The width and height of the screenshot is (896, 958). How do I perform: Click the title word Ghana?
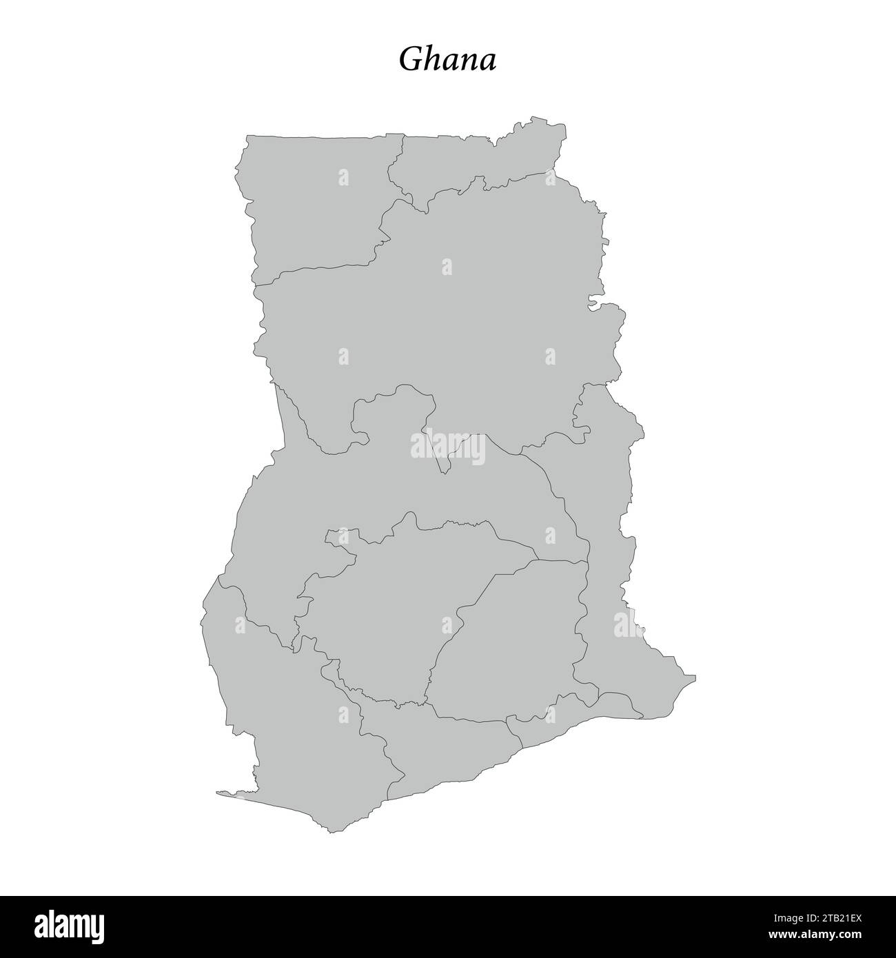pos(447,61)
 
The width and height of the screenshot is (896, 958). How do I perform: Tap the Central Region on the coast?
pos(441,751)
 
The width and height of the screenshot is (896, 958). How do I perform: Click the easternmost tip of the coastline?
pos(695,676)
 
